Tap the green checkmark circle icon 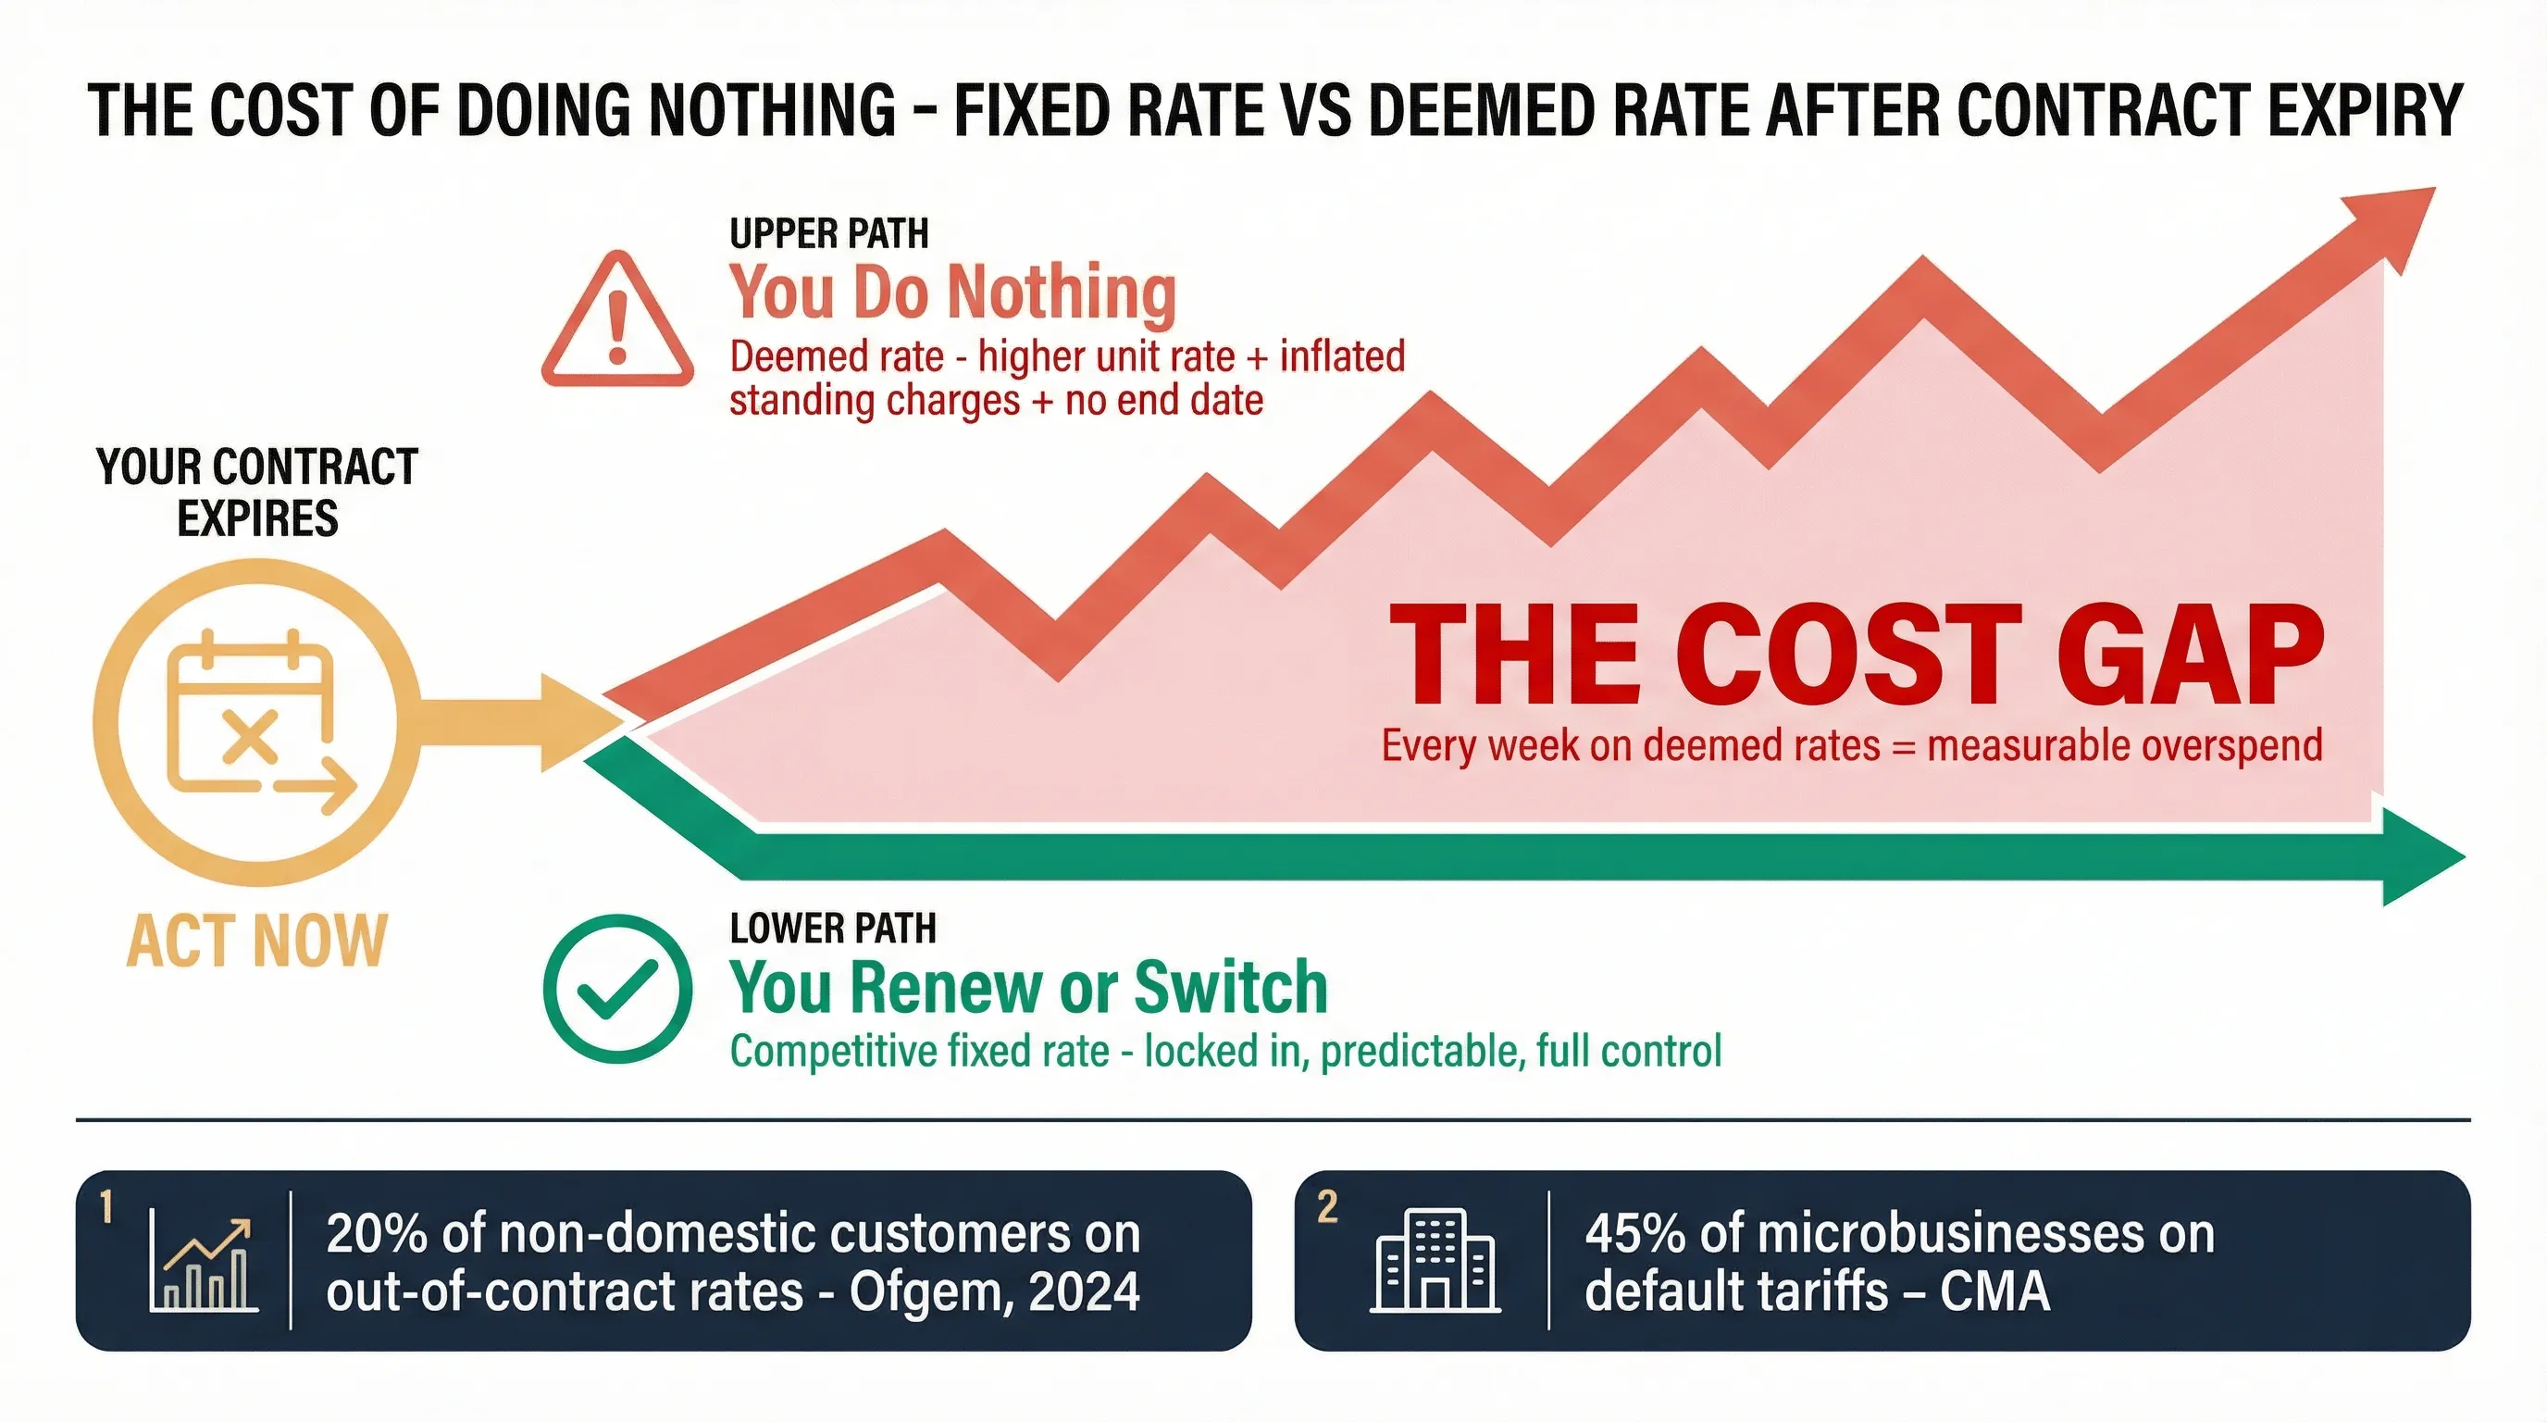(617, 989)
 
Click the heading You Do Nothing (952, 293)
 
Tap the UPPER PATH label (828, 234)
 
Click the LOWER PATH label (833, 929)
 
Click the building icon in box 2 (1435, 1262)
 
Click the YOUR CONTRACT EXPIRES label (257, 493)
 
